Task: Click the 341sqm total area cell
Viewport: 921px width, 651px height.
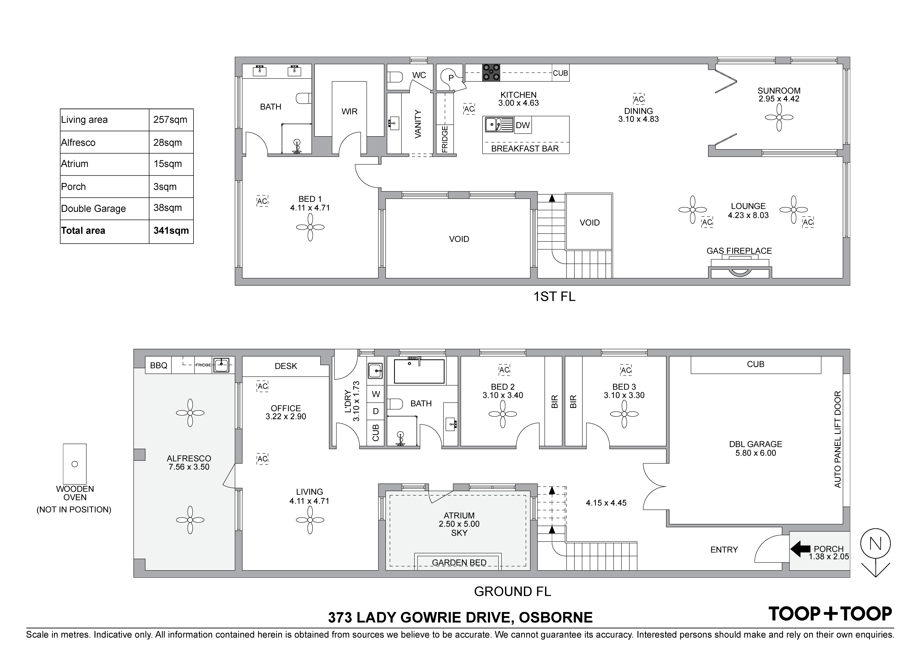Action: [x=171, y=231]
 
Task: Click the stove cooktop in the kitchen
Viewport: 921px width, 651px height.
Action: [x=491, y=73]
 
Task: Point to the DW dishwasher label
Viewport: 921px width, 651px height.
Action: [x=523, y=125]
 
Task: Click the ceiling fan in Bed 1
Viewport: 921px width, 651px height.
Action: [x=310, y=227]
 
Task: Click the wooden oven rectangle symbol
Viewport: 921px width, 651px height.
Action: [x=75, y=464]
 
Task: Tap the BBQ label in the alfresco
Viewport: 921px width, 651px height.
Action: [x=159, y=366]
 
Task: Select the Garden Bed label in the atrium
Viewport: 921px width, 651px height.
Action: [x=459, y=563]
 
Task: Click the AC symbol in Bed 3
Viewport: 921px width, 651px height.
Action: [x=626, y=370]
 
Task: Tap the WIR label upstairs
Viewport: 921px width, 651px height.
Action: [x=349, y=112]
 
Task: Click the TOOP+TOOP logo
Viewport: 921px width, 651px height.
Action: [x=830, y=614]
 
